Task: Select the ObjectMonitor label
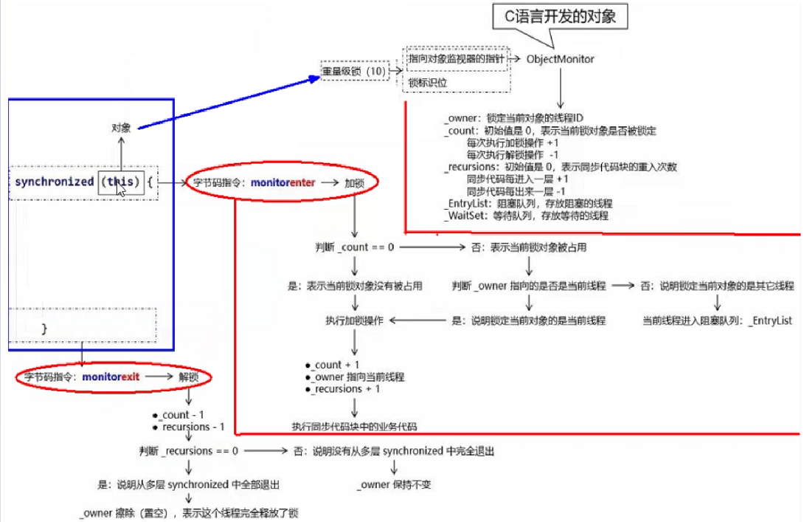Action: (x=560, y=58)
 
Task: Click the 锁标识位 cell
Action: (x=428, y=83)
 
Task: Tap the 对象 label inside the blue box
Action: (x=121, y=127)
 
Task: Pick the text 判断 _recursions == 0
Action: (x=188, y=450)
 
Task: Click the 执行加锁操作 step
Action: (x=354, y=321)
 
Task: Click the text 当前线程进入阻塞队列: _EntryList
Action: (x=717, y=321)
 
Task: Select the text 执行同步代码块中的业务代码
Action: (x=354, y=426)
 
